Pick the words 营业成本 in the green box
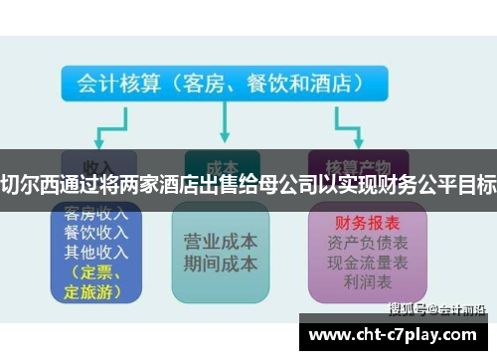click(x=221, y=242)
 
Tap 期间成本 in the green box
click(x=221, y=264)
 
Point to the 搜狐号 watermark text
click(x=409, y=307)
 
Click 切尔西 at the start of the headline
click(x=30, y=182)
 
